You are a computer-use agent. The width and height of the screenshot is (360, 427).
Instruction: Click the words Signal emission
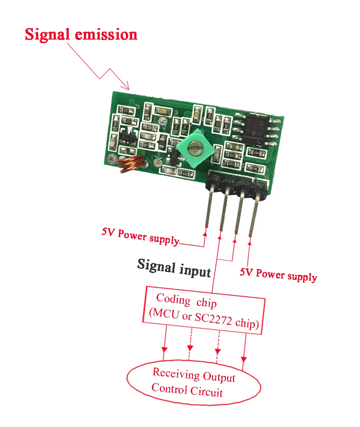[81, 35]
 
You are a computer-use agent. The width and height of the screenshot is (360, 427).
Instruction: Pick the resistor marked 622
[145, 145]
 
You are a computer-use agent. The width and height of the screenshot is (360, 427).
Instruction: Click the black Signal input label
[174, 268]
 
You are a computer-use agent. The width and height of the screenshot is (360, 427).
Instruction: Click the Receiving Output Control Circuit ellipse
[193, 383]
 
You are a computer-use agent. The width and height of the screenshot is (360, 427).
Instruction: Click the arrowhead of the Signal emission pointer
[126, 87]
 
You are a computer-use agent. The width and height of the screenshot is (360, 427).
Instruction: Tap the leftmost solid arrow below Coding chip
[165, 349]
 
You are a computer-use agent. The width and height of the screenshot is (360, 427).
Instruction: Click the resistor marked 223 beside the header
[231, 164]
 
